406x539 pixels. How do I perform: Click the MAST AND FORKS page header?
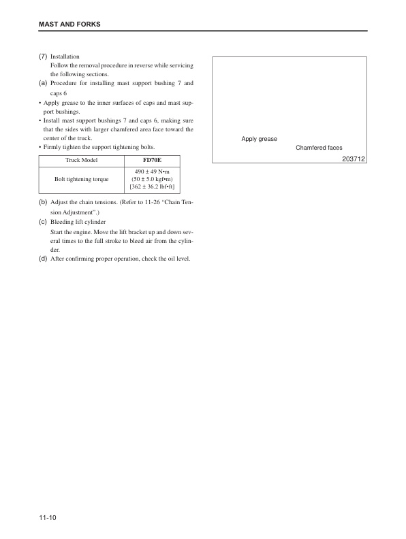(x=69, y=24)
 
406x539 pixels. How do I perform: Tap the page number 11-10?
(x=47, y=519)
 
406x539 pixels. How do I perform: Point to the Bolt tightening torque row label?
(x=81, y=179)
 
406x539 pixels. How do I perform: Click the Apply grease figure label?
(x=259, y=139)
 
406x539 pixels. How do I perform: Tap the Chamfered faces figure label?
(x=319, y=148)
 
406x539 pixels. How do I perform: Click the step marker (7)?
(x=42, y=56)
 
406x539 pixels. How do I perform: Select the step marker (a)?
(x=42, y=83)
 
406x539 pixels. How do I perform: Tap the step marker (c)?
(x=42, y=222)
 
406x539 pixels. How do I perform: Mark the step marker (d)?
(x=42, y=259)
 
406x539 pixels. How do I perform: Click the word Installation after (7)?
(x=65, y=56)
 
